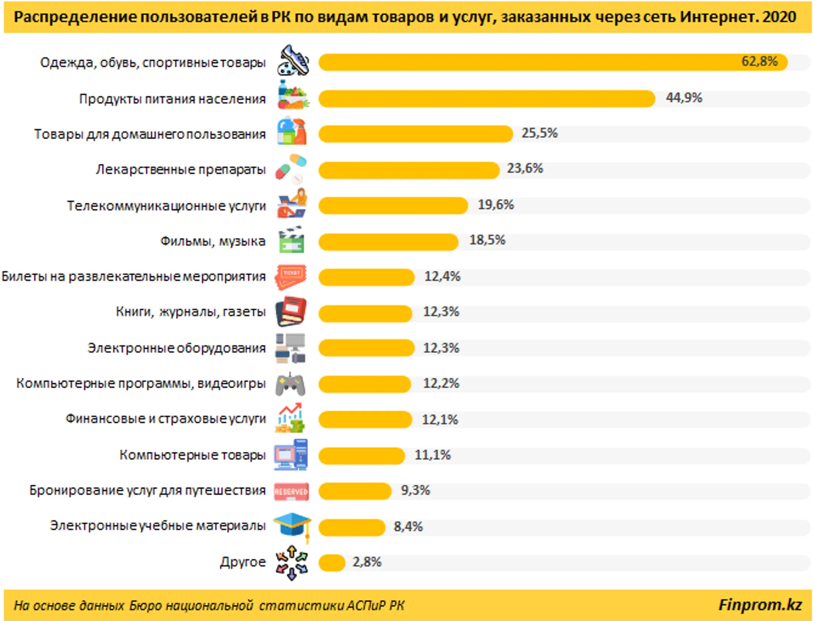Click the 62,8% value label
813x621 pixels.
[x=759, y=61]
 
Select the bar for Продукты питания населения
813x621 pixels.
[x=487, y=99]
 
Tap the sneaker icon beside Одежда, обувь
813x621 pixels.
[x=293, y=60]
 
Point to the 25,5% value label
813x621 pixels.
[x=539, y=133]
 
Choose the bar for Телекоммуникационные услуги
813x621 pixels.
[x=393, y=206]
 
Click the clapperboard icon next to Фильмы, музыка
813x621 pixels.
[x=291, y=239]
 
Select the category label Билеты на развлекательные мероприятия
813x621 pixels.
[x=134, y=277]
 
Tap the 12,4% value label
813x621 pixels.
[x=442, y=277]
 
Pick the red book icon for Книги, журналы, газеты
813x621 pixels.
[x=291, y=311]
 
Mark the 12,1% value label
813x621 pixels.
[x=440, y=420]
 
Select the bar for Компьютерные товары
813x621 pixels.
[x=362, y=456]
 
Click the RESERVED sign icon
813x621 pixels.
[x=291, y=492]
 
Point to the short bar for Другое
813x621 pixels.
[x=332, y=563]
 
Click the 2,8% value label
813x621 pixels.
[x=367, y=562]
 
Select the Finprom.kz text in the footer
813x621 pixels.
[x=760, y=605]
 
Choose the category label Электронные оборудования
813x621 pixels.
[x=177, y=348]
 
